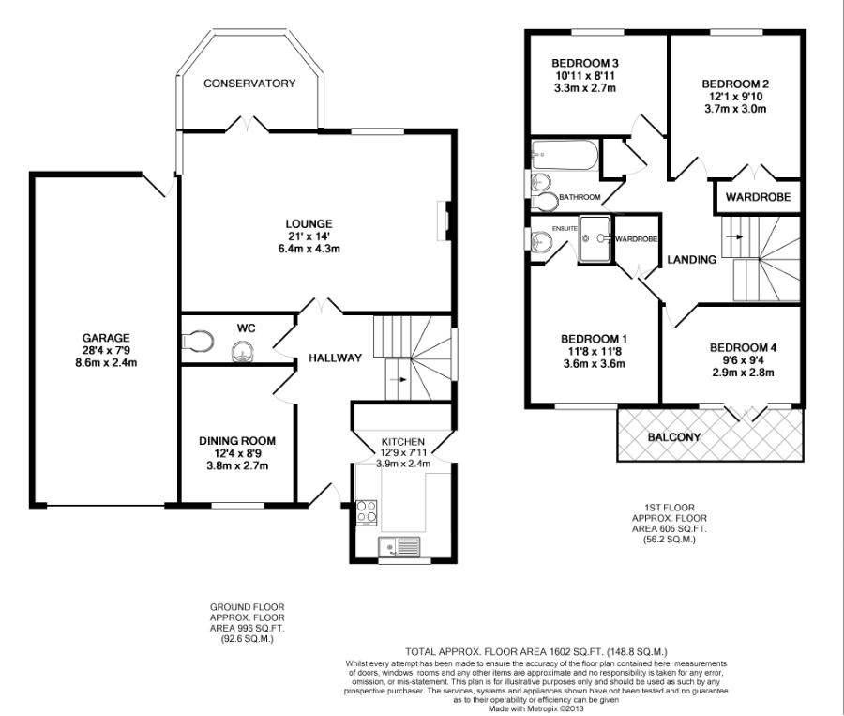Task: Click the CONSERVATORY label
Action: coord(249,84)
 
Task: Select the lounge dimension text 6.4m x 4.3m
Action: coord(310,249)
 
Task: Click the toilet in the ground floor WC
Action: coord(195,339)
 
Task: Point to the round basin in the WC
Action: coord(242,351)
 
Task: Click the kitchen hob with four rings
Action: coord(365,513)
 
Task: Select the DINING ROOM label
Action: coord(236,440)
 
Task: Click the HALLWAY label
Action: coord(336,358)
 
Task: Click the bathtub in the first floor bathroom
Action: coord(563,155)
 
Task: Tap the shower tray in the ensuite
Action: coord(595,238)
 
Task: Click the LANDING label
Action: coord(692,259)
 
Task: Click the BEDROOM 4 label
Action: coord(743,346)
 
